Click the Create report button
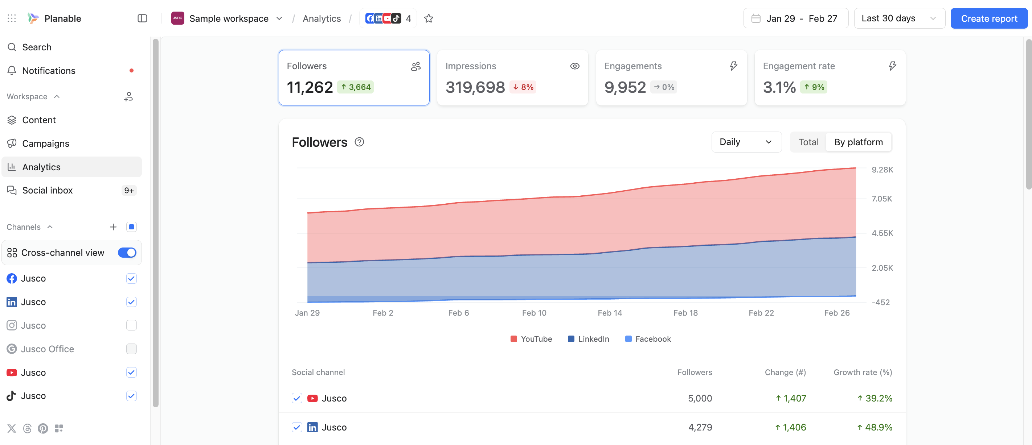989,18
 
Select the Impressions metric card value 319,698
475,87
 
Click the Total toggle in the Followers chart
808,142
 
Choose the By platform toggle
858,142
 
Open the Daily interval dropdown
746,142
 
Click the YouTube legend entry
531,339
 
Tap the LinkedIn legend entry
589,339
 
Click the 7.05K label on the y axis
882,199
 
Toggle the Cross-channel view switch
127,253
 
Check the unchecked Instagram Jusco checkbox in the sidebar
131,325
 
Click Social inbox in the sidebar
47,191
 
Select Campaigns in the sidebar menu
46,143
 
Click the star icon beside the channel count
429,18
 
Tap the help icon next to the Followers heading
359,142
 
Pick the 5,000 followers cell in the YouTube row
700,398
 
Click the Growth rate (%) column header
863,372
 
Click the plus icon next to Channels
113,227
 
